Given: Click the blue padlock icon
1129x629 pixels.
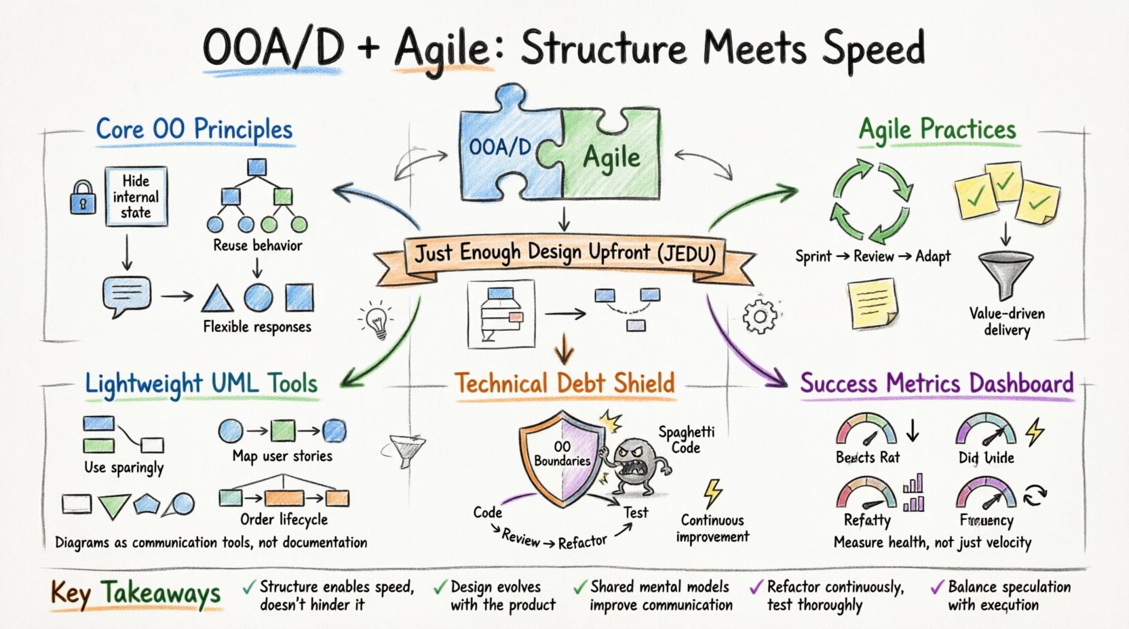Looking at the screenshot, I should pos(83,197).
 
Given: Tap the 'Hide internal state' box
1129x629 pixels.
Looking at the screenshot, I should pos(136,197).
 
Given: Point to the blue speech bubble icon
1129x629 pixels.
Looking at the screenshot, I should pos(126,296).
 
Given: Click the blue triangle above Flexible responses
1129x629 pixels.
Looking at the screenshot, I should pos(217,298).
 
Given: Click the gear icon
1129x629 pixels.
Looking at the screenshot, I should pos(759,316).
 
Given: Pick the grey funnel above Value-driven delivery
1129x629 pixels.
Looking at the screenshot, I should pos(1006,274).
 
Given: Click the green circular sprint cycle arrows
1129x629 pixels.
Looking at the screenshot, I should pos(871,202).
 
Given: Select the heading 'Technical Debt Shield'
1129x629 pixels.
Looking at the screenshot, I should pos(564,384).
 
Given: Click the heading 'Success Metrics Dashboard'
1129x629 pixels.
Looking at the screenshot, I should pos(936,384).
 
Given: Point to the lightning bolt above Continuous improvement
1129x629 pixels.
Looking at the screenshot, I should pos(712,493).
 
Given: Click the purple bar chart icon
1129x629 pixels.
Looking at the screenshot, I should pos(913,493).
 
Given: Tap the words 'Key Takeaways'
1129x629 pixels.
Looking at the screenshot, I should pos(136,594).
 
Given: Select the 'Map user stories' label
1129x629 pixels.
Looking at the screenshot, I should pos(282,456).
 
